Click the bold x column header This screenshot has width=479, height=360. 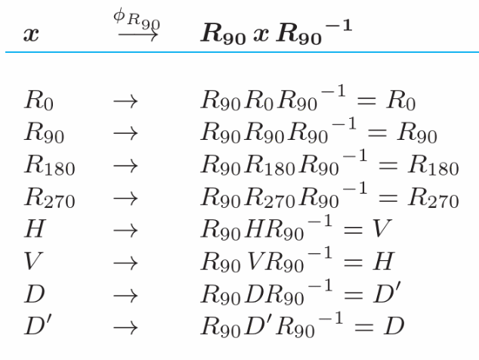[31, 33]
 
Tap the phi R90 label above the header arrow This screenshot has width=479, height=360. [137, 20]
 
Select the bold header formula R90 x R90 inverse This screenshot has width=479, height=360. [277, 32]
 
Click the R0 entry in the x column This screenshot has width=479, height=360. [39, 100]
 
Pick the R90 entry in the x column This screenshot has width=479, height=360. [45, 132]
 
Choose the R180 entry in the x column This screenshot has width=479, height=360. [50, 165]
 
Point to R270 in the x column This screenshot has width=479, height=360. [50, 197]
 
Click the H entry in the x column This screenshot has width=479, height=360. [35, 228]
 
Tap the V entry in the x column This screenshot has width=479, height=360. [33, 261]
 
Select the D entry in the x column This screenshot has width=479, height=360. [35, 293]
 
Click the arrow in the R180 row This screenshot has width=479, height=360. [125, 166]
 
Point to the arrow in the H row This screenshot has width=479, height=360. [125, 231]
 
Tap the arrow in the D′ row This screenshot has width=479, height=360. [125, 328]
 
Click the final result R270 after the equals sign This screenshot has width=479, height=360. [434, 197]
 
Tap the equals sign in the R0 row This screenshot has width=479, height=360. [366, 101]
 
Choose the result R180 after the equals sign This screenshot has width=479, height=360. [434, 165]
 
